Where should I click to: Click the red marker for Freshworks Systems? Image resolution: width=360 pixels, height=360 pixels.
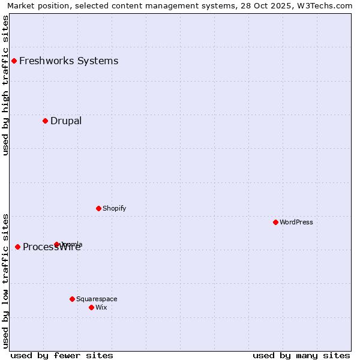14,61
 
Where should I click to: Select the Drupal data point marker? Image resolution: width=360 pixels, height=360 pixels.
45,121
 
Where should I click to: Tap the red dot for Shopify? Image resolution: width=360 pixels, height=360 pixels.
98,208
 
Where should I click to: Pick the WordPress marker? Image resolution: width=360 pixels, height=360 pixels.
275,222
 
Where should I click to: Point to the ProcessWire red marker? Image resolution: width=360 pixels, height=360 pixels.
17,247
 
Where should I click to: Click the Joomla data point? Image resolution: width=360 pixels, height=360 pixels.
57,244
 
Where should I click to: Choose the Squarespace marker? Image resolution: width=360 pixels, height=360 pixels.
72,299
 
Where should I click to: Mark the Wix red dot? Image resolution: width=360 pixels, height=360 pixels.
91,307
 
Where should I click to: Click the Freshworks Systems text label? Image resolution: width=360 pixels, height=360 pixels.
68,61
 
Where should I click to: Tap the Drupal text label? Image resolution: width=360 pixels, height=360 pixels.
66,121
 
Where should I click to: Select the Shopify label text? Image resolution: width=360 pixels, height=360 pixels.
114,208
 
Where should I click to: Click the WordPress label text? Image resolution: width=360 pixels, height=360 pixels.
296,222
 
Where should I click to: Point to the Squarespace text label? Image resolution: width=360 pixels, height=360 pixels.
97,299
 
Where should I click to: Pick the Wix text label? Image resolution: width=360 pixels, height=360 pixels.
101,307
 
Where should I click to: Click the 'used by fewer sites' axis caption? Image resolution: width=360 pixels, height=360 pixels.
62,355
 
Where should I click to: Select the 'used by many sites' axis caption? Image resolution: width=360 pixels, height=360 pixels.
301,355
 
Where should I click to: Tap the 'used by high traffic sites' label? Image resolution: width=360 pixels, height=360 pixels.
5,85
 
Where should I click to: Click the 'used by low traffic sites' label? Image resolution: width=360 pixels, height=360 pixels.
5,280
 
